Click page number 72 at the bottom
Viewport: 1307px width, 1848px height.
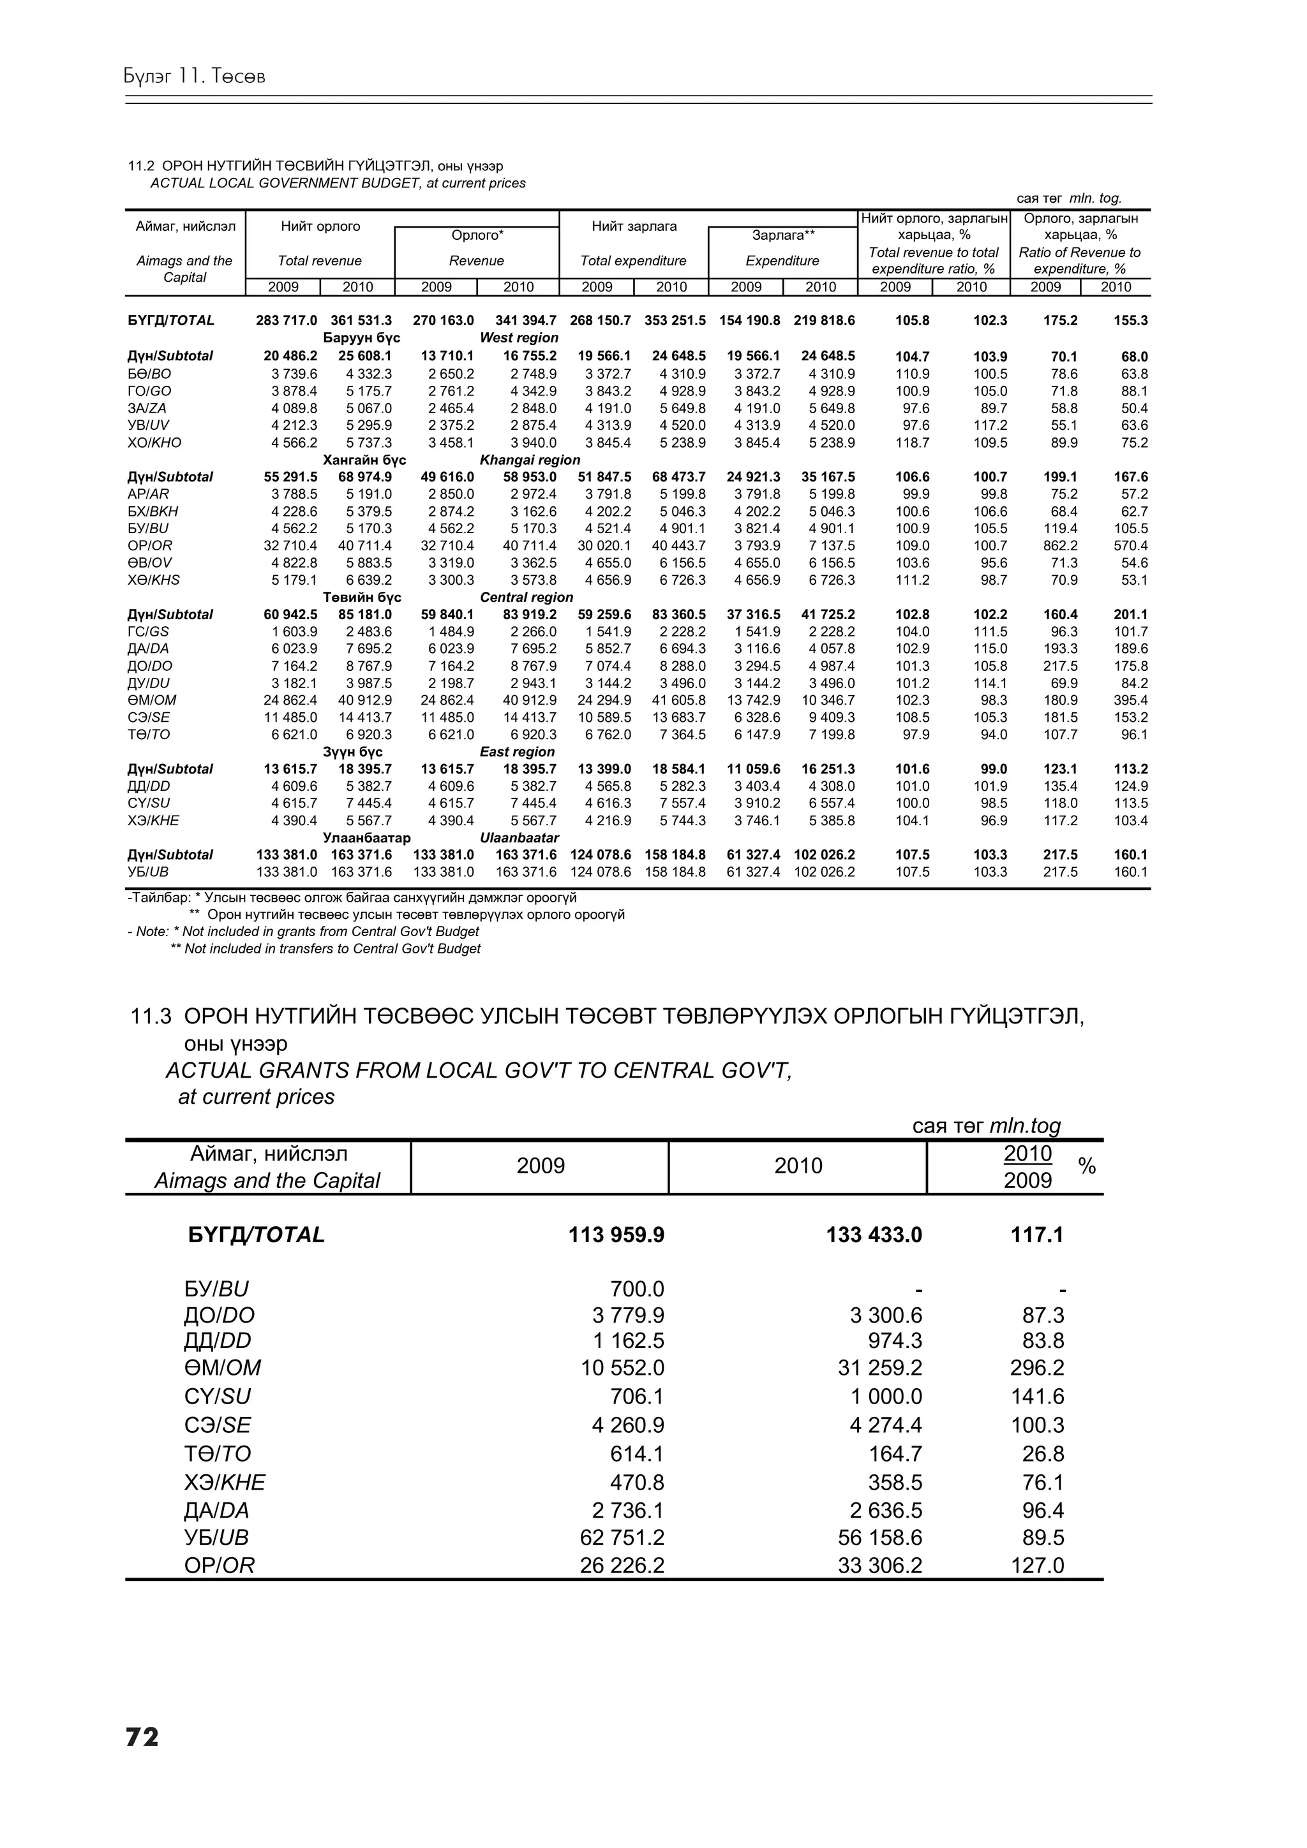coord(142,1737)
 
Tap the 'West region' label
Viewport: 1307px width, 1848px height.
coord(519,338)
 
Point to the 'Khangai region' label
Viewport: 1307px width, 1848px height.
coord(529,460)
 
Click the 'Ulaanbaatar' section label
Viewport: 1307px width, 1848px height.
coord(519,838)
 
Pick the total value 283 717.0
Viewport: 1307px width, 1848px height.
coord(286,320)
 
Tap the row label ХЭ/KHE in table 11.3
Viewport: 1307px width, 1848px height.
coord(224,1483)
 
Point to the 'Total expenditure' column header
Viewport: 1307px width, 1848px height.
coord(633,261)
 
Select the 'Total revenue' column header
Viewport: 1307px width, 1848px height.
coord(320,261)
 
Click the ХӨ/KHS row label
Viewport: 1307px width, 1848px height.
coord(154,580)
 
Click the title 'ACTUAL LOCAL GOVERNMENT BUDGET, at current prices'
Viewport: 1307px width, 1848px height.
coord(338,184)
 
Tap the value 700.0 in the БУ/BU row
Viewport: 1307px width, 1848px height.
coord(637,1289)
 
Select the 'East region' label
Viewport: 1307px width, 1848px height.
coord(517,752)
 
